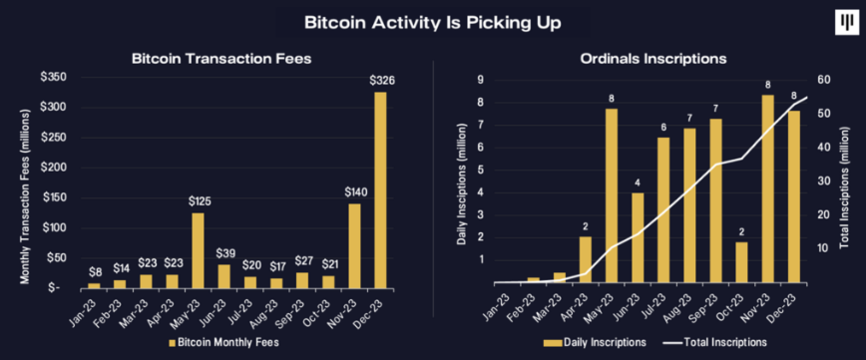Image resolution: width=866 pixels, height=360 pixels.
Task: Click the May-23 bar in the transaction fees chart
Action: click(198, 249)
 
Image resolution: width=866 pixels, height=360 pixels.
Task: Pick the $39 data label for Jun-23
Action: click(225, 253)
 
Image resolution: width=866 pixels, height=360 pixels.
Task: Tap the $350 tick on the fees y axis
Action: click(54, 77)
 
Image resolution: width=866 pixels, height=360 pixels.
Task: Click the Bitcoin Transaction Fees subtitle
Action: click(221, 59)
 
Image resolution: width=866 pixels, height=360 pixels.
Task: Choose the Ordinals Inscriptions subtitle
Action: click(652, 59)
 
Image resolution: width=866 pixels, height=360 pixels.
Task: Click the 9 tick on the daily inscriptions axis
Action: click(481, 79)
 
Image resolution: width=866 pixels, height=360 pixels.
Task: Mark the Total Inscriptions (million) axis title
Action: click(850, 181)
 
